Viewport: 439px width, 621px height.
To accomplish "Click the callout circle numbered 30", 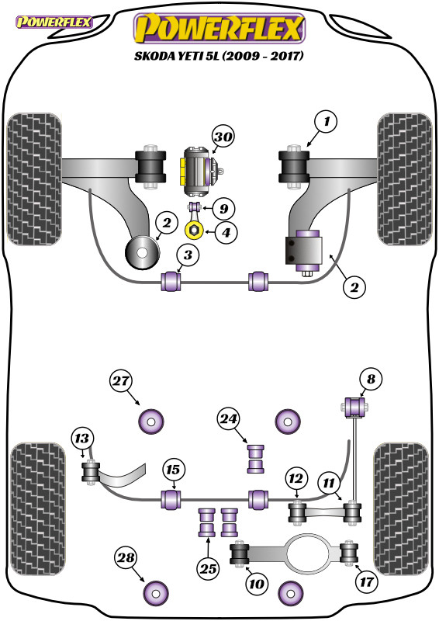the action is pos(223,137).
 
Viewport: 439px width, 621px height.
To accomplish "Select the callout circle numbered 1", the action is pos(326,122).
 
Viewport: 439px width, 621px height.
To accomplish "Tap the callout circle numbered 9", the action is pos(223,209).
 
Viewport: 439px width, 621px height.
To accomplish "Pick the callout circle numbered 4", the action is pos(226,232).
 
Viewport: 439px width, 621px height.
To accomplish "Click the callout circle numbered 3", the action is pos(188,255).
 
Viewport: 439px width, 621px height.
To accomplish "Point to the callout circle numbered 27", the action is pos(121,381).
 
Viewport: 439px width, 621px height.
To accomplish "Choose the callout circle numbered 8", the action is pos(371,379).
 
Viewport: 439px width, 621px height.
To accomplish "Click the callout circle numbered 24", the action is pos(228,419).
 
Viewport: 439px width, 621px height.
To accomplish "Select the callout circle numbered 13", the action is pos(82,439).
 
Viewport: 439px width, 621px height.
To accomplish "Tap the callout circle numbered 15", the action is pos(173,470).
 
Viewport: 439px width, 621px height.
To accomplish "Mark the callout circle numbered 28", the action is pos(126,558).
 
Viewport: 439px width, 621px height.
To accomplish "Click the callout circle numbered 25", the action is pos(208,569).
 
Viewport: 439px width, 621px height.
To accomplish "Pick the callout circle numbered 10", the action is pos(256,584).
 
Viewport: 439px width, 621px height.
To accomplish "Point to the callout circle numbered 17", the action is pos(367,582).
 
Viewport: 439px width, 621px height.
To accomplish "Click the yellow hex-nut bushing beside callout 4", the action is pos(195,230).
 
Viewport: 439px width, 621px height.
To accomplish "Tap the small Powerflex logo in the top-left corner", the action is pos(54,23).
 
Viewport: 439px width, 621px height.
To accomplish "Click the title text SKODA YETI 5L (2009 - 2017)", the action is pos(219,56).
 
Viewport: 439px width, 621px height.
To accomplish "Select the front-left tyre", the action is pos(34,179).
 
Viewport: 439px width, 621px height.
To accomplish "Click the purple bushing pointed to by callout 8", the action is pos(355,407).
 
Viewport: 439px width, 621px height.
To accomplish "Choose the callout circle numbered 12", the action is pos(296,479).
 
